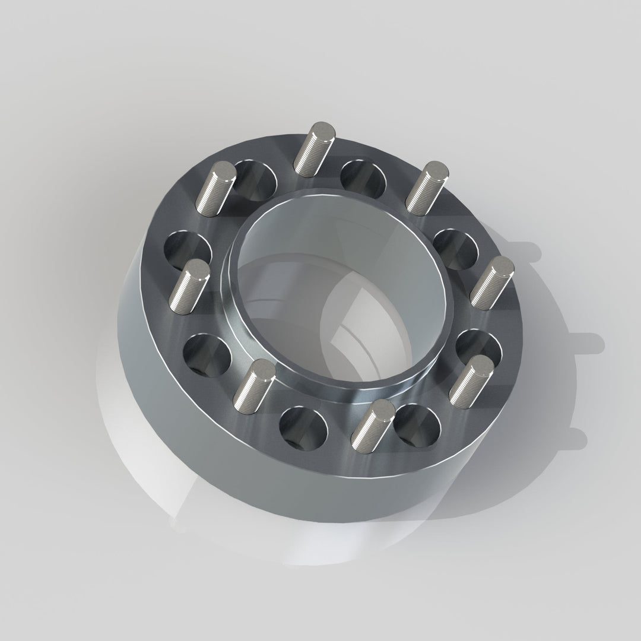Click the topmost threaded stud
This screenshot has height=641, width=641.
click(315, 149)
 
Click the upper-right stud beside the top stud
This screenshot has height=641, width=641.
click(426, 188)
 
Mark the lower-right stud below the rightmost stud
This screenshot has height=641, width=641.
click(472, 379)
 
